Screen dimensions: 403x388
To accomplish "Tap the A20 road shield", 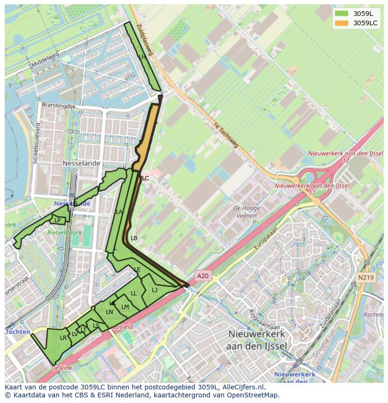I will click(202, 276).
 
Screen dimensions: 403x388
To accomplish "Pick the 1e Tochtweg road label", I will click(225, 136).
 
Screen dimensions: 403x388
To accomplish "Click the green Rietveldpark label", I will click(64, 232).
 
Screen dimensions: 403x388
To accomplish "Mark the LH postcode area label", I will click(142, 57).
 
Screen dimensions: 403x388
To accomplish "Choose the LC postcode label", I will click(145, 178).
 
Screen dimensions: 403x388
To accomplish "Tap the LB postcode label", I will click(134, 238).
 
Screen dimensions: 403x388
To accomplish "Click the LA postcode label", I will click(119, 212).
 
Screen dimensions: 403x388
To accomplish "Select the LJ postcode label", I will click(155, 290).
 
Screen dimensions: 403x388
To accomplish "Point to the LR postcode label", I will click(63, 338).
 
